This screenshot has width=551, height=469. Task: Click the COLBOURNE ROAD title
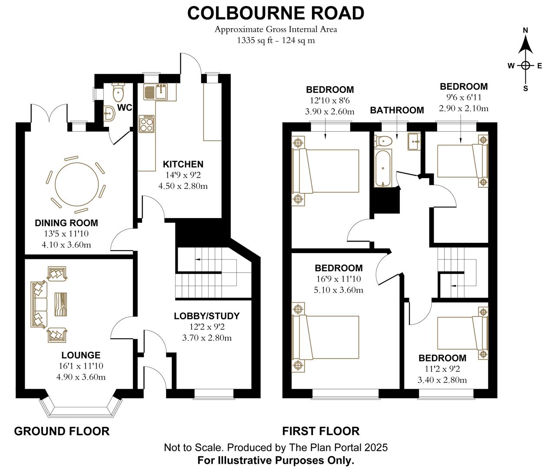275,13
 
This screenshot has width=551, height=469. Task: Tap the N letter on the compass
525,30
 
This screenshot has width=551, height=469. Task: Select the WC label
124,108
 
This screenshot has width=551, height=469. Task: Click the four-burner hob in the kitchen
146,124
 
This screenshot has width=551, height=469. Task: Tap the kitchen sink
161,92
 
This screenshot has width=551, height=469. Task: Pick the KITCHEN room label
183,164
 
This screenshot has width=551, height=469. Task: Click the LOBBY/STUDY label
206,316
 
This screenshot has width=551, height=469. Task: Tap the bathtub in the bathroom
383,168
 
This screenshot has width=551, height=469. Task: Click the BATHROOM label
397,110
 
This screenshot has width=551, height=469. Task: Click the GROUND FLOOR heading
62,431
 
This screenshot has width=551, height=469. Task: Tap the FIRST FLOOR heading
321,431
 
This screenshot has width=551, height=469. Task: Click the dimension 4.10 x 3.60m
66,244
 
